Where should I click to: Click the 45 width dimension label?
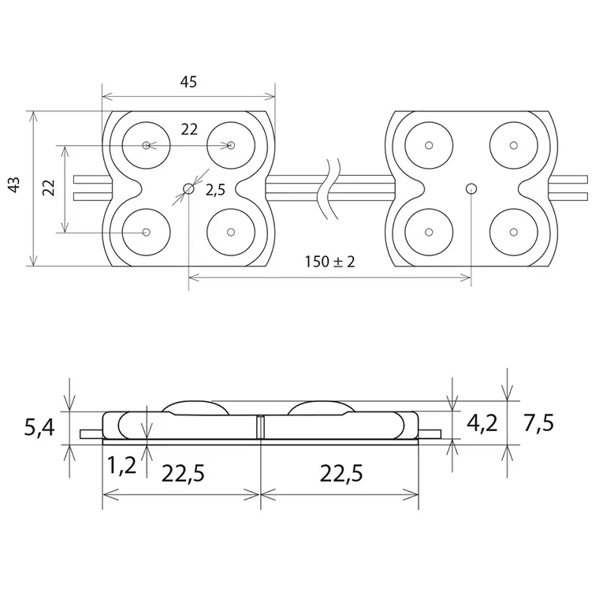pyautogui.click(x=188, y=82)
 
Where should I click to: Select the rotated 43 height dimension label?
pyautogui.click(x=13, y=186)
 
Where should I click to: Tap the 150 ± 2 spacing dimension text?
pyautogui.click(x=330, y=262)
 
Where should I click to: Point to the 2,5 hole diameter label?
pyautogui.click(x=216, y=190)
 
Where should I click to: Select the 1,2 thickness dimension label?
pyautogui.click(x=123, y=466)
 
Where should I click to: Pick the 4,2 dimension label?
pyautogui.click(x=482, y=423)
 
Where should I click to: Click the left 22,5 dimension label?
pyautogui.click(x=183, y=473)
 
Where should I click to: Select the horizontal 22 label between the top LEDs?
pyautogui.click(x=188, y=130)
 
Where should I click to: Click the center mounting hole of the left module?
pyautogui.click(x=189, y=188)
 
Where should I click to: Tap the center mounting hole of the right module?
pyautogui.click(x=471, y=188)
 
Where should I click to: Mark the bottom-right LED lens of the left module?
pyautogui.click(x=231, y=232)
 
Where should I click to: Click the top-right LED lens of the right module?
pyautogui.click(x=513, y=145)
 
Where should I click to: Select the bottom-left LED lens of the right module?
pyautogui.click(x=429, y=232)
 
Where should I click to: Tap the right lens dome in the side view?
pyautogui.click(x=321, y=406)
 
